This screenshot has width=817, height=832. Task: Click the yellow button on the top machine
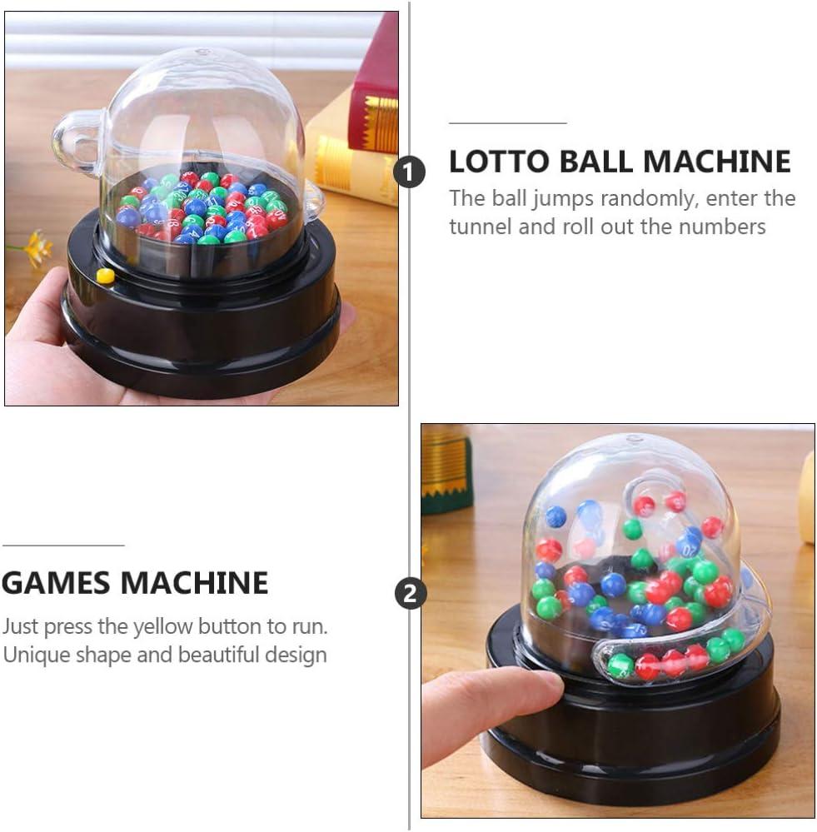105,275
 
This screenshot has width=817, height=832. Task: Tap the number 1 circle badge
409,172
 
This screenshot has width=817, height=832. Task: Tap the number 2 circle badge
409,594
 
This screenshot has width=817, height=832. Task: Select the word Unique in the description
35,654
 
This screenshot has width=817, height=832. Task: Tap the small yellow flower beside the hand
36,247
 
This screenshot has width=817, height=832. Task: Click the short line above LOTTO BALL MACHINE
507,122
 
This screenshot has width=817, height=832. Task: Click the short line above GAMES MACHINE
63,546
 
